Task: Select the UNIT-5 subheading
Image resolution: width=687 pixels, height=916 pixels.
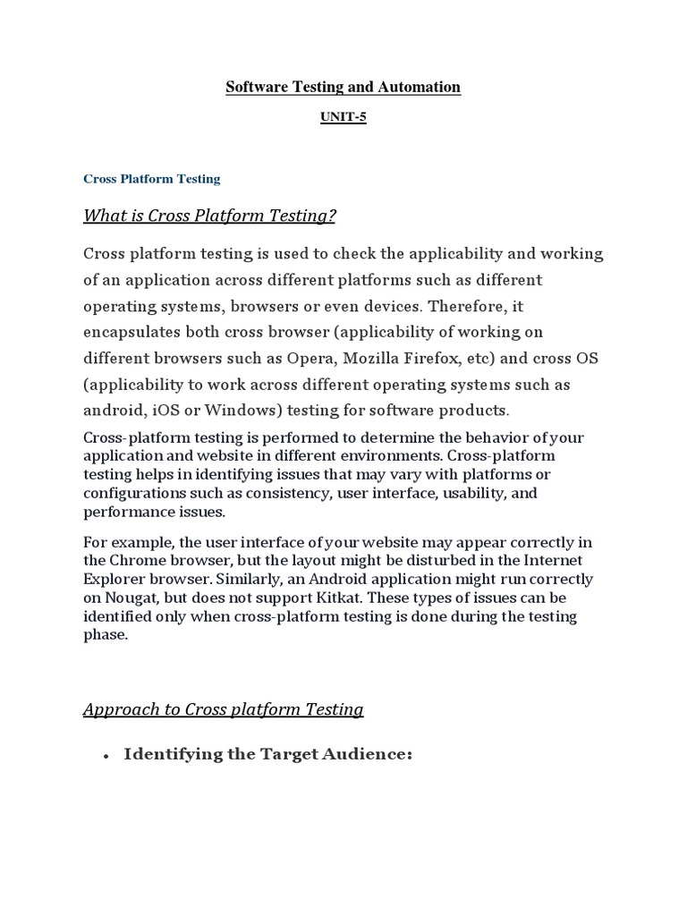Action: (343, 117)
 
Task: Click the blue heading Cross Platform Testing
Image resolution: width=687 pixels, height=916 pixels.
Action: (151, 179)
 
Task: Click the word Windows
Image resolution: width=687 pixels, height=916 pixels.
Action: (229, 411)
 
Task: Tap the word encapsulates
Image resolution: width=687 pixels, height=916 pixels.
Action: (132, 332)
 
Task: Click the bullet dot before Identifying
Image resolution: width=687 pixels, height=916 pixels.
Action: (106, 756)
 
